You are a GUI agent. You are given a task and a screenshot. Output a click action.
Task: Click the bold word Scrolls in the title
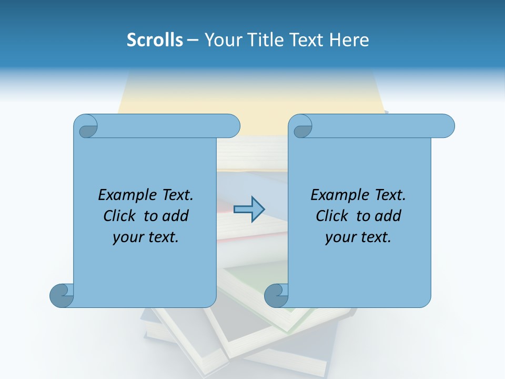[x=155, y=40]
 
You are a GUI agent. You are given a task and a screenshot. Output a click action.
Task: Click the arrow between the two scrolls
[x=249, y=209]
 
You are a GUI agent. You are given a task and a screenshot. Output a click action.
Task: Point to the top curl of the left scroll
[x=86, y=126]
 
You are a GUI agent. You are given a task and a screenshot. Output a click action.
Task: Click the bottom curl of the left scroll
[x=62, y=295]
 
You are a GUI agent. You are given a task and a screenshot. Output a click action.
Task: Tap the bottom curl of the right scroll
[x=276, y=295]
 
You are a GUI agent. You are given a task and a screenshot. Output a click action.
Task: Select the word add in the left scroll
[x=176, y=216]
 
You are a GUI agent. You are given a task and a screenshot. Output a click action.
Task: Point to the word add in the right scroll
[x=388, y=216]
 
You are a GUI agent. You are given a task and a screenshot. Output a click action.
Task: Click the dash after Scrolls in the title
[x=193, y=40]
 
